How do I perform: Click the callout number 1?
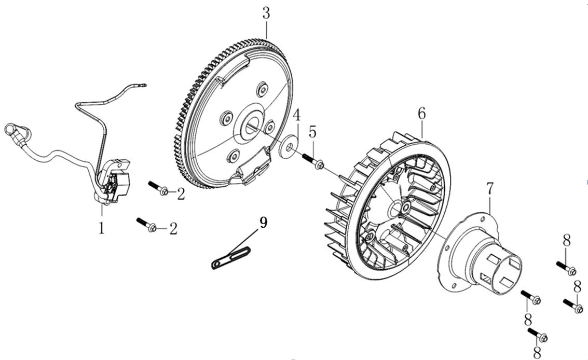click(102, 227)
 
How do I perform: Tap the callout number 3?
click(266, 13)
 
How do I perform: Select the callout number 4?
click(296, 115)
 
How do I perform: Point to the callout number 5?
click(312, 132)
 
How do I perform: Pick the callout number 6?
click(421, 113)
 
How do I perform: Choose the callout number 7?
click(489, 190)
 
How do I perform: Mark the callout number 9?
click(264, 223)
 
